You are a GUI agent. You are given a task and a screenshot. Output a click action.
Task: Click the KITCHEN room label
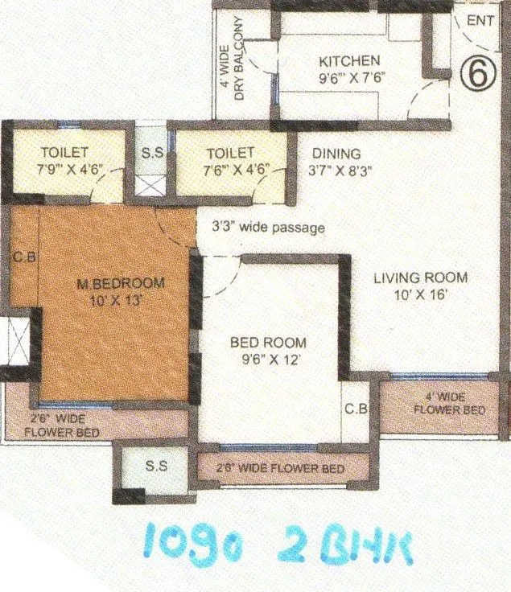coord(348,61)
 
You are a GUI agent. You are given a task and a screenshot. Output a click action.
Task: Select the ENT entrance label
coord(480,22)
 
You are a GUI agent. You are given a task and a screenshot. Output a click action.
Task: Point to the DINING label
coord(336,153)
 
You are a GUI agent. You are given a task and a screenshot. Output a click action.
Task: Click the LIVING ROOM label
coord(420,278)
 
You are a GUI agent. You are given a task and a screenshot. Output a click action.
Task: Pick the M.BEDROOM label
coord(121,283)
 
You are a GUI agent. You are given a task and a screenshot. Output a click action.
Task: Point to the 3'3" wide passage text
coord(268,228)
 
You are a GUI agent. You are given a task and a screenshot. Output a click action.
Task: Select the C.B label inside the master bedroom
coord(22,259)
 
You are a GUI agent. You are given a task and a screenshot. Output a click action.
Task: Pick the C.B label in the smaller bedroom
coord(356,409)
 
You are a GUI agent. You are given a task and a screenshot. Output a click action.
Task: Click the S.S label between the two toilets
coord(150,152)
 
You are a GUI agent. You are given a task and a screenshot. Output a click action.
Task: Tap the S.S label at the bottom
coord(156,466)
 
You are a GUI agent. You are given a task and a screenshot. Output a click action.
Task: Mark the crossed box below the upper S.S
coord(150,186)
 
